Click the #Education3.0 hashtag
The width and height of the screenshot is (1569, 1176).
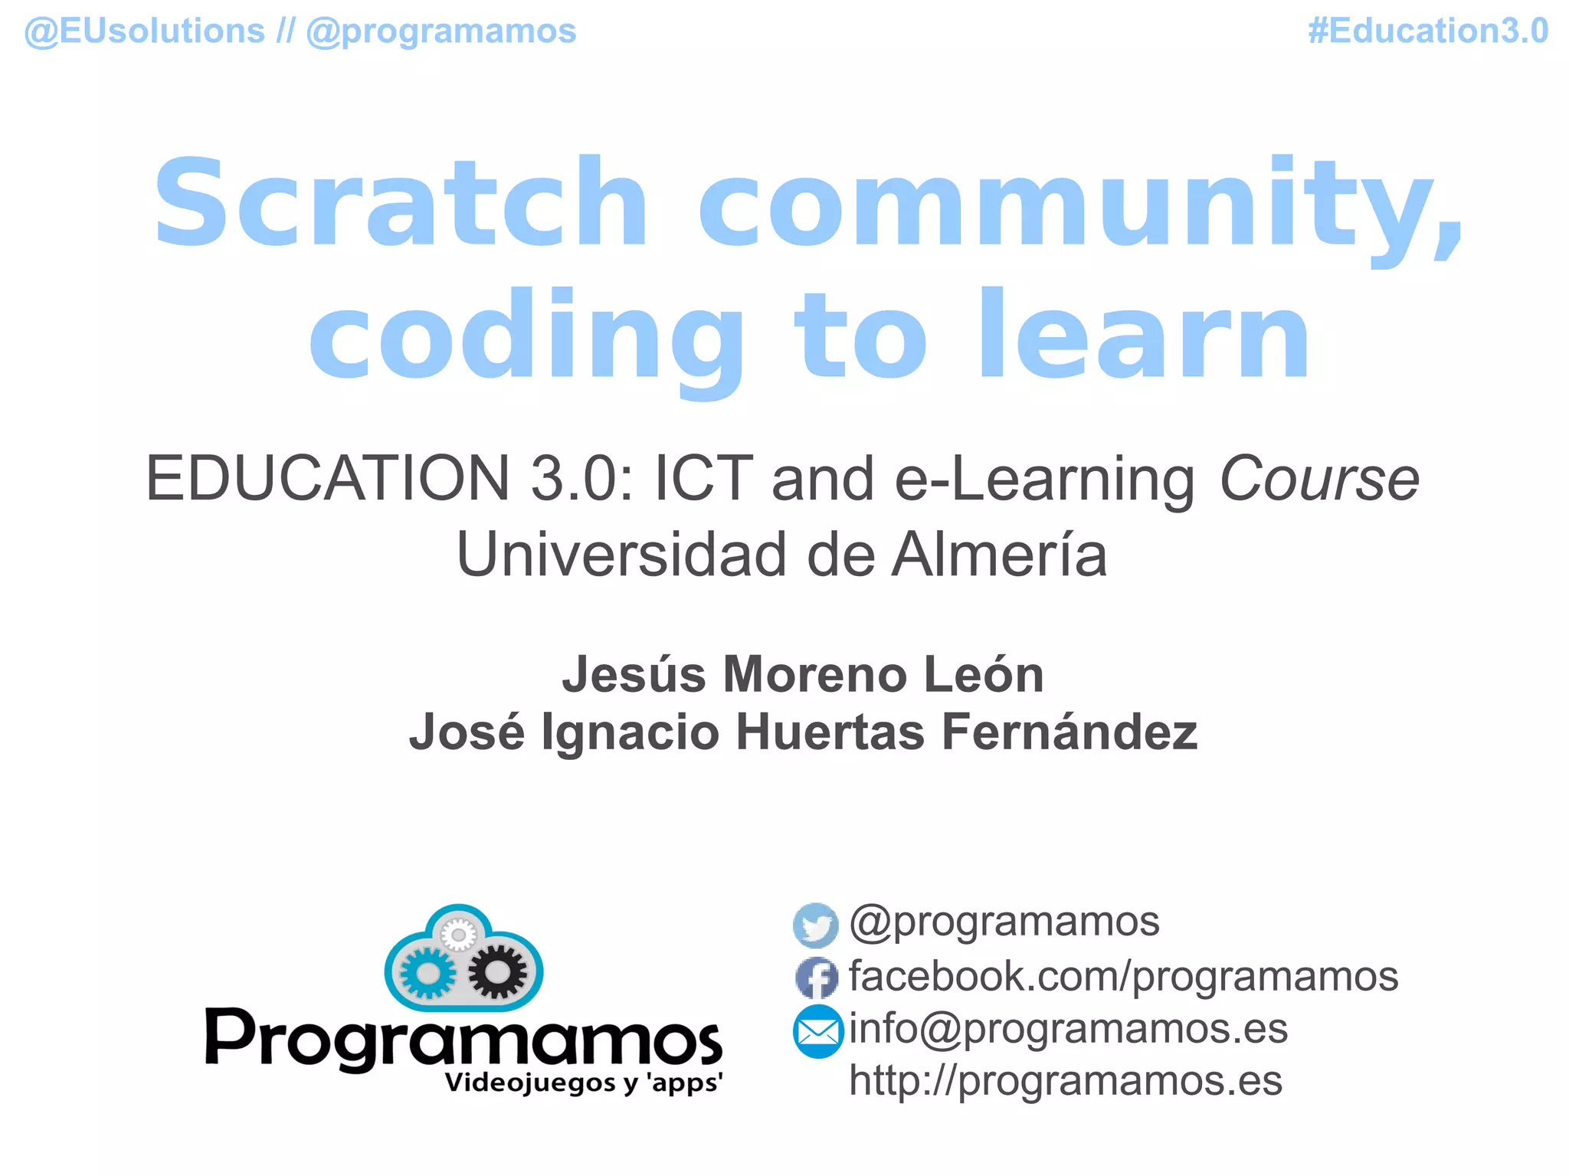(1427, 31)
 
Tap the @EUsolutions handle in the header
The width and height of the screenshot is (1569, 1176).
(145, 31)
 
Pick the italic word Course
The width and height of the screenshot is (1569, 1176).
(1318, 479)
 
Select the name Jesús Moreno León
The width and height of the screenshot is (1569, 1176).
(803, 675)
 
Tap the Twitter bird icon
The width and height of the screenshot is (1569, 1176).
(815, 925)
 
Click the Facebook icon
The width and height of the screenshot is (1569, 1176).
(817, 978)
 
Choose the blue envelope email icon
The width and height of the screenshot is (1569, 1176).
(817, 1031)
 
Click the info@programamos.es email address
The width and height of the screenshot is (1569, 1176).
(1068, 1028)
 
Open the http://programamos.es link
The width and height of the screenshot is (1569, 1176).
(1065, 1081)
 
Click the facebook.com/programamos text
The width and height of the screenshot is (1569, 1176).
(1123, 976)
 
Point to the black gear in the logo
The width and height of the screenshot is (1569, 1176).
(498, 971)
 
